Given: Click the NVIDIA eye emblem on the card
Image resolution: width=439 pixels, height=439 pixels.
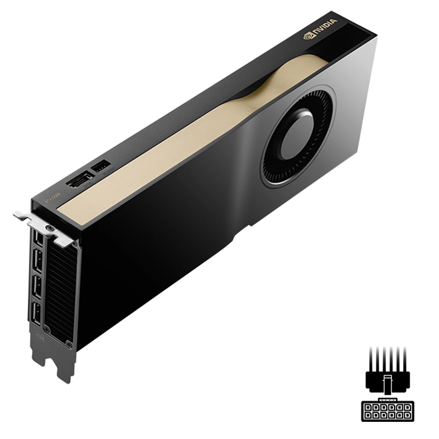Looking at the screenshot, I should tap(307, 36).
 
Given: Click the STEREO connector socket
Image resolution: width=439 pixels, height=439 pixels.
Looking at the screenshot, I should tap(101, 166).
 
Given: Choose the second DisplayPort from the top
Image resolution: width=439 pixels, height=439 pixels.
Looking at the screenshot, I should tap(37, 263).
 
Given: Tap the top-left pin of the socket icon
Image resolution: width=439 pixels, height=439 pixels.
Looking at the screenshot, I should tap(367, 407).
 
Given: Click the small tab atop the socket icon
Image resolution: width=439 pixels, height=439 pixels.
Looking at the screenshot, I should tap(386, 400).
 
